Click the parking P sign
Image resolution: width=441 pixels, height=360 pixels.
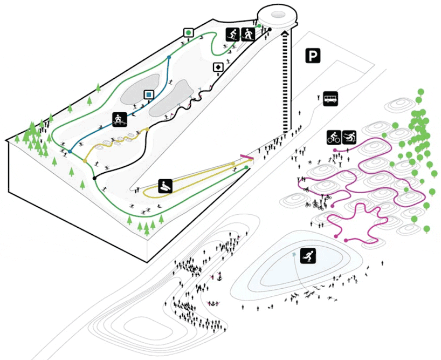[312, 56]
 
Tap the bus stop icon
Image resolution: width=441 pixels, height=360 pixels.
[330, 98]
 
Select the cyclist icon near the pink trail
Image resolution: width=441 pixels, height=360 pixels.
[334, 137]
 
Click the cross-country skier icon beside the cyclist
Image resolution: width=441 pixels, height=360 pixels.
[349, 137]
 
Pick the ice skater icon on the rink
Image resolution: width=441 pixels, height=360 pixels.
[308, 256]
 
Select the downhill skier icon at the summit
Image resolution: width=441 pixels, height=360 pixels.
[233, 35]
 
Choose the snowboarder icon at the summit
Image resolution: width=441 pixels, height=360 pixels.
[248, 35]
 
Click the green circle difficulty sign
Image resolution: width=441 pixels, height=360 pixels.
[188, 32]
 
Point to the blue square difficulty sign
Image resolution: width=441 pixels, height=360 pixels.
[148, 95]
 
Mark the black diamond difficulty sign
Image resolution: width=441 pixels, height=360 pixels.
[218, 67]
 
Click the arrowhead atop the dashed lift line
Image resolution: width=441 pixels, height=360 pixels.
[284, 32]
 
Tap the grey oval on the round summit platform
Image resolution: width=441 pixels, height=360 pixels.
[279, 15]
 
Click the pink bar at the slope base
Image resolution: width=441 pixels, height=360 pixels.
[246, 157]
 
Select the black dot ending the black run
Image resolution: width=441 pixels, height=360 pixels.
[94, 178]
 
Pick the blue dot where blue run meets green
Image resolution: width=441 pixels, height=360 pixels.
[70, 152]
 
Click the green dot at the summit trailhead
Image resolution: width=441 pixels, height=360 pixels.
[259, 25]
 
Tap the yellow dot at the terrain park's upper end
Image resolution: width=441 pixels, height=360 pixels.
[147, 130]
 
